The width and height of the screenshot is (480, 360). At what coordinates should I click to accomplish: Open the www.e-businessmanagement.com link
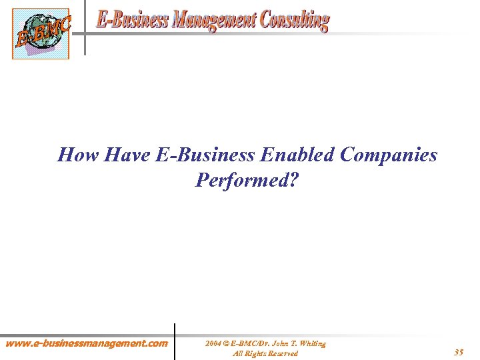coord(87,344)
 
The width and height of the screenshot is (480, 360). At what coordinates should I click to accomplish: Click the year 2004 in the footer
coord(213,343)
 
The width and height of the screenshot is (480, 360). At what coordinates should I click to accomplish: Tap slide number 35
coord(459,352)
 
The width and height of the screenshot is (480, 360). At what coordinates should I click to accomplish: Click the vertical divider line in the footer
coord(175,341)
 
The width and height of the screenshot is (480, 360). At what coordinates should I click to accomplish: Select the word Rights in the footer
coord(252,353)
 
